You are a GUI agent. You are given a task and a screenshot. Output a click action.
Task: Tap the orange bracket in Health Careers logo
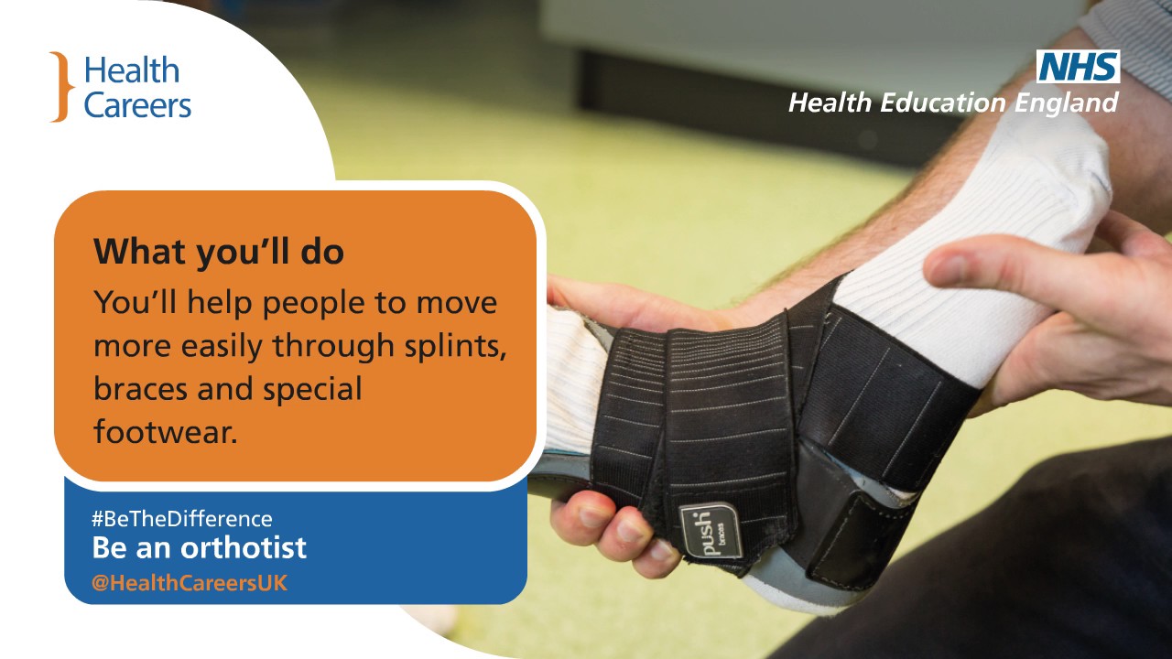60,87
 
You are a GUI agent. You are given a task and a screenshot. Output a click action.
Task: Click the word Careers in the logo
137,105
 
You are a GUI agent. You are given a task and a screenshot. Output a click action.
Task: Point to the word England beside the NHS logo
1066,103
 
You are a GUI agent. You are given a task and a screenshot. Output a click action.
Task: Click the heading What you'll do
219,253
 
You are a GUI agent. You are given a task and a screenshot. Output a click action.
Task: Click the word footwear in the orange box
165,431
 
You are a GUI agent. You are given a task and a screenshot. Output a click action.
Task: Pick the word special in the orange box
312,389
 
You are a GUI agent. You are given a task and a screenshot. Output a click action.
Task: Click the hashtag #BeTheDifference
181,519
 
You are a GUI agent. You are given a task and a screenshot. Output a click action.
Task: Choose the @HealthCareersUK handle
190,583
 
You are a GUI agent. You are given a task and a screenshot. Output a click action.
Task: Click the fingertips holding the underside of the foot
613,531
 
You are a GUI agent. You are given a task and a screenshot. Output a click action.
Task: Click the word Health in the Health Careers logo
132,71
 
